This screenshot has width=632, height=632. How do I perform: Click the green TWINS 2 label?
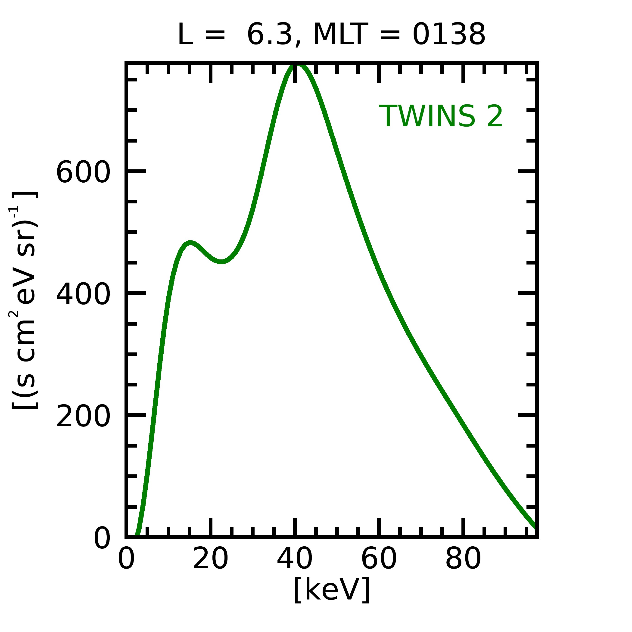pos(441,116)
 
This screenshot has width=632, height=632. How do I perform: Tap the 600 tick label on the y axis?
pos(83,172)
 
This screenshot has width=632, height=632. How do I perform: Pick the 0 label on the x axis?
pos(126,559)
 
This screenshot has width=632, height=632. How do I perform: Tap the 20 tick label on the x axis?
pos(210,559)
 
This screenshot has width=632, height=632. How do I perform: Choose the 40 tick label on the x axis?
pos(295,559)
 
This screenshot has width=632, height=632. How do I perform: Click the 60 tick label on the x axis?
pos(379,559)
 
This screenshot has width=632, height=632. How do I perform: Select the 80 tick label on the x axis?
pos(463,559)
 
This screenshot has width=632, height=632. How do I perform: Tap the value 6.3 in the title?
pos(269,35)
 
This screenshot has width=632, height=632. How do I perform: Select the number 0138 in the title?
pos(449,35)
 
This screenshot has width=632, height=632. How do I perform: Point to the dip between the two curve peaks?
pos(221,262)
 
